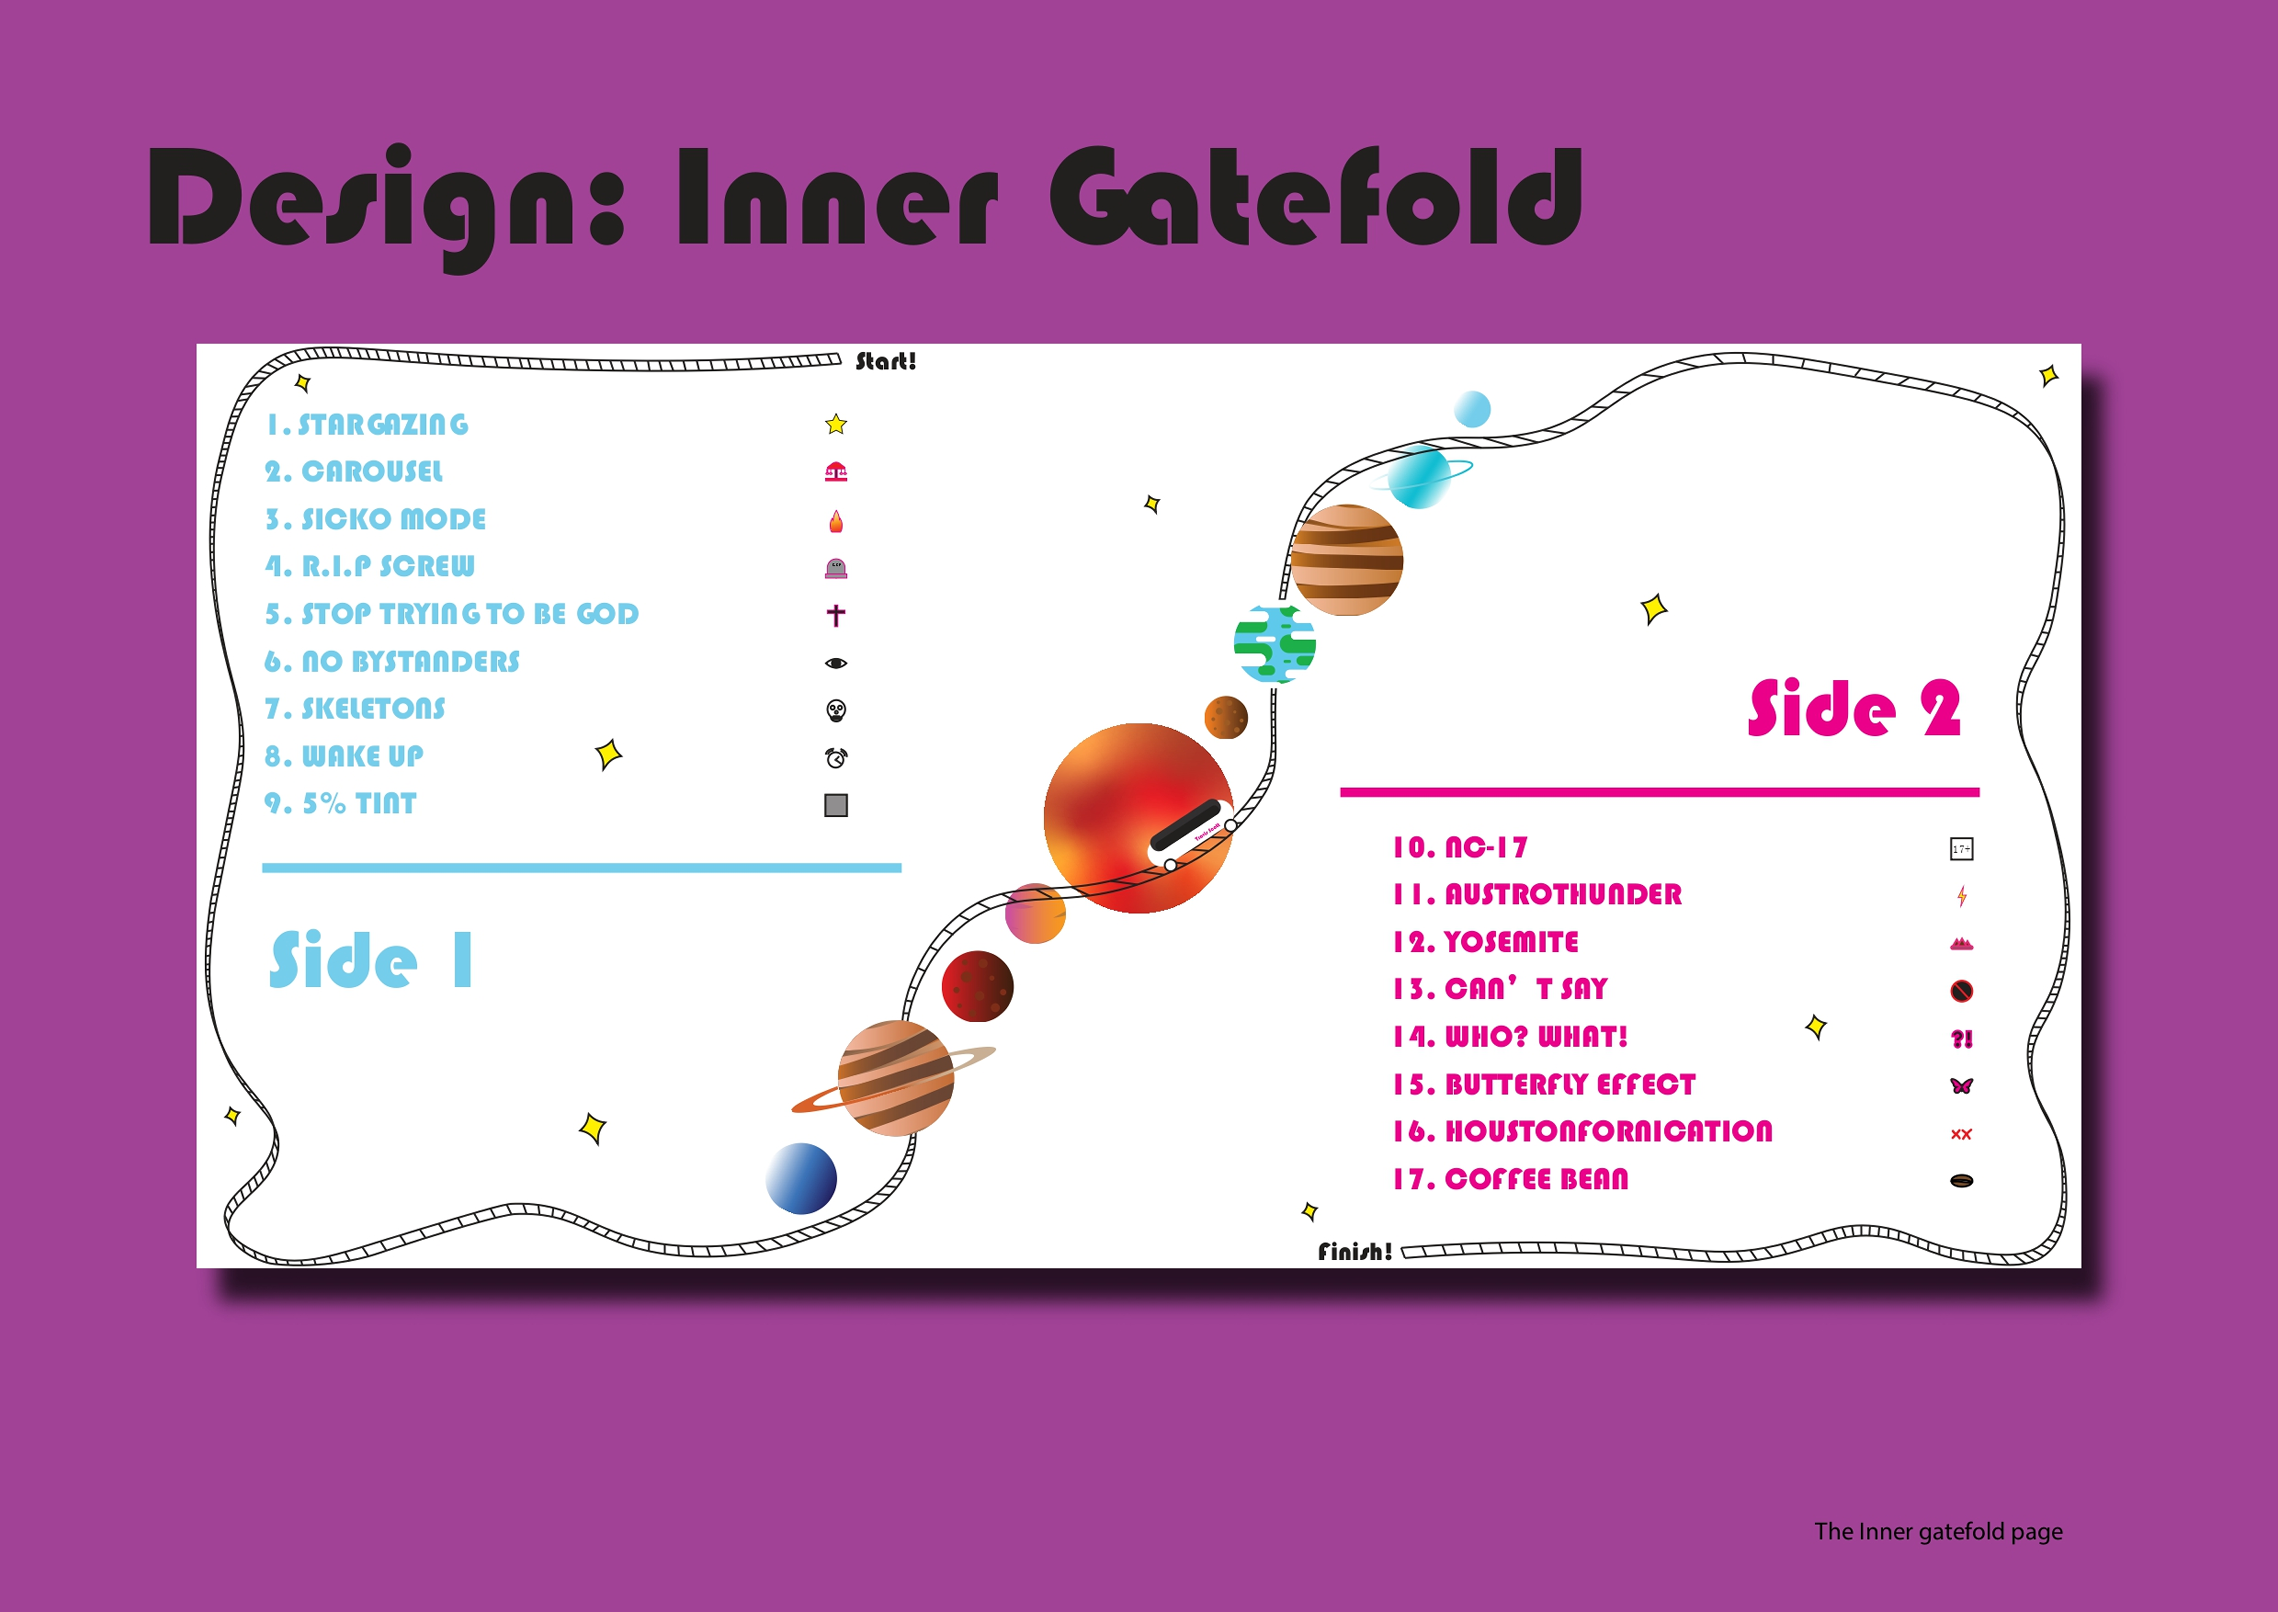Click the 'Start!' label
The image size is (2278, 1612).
(885, 361)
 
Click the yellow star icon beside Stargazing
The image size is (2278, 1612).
(836, 425)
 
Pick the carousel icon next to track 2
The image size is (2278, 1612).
(836, 473)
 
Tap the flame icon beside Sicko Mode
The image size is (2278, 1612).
(836, 520)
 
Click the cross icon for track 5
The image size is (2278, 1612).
(836, 616)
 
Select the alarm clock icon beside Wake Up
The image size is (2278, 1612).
(836, 758)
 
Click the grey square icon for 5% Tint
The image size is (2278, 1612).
(836, 805)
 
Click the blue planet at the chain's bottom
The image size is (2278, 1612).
(801, 1178)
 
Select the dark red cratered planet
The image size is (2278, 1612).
(977, 986)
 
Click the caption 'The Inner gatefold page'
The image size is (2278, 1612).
(1937, 1532)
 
